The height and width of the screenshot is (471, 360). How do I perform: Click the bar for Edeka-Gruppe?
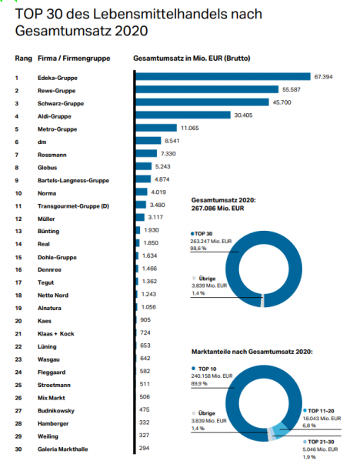223,77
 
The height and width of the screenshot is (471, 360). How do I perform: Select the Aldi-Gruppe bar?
183,115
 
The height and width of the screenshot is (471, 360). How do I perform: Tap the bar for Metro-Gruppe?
156,128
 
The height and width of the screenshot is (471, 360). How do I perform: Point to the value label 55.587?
292,89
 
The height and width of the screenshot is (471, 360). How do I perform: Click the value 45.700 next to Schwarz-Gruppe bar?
282,102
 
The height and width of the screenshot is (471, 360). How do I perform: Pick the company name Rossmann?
52,155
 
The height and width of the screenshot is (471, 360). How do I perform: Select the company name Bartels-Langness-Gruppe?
73,181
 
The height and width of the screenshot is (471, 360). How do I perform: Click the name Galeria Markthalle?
63,449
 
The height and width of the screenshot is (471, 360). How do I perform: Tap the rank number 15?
18,257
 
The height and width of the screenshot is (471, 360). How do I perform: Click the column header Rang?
23,58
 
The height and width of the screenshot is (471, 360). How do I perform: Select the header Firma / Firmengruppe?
74,58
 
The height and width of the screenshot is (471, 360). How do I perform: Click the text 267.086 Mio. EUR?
218,208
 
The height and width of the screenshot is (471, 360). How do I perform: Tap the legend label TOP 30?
203,234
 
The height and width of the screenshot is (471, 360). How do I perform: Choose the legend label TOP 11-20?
321,411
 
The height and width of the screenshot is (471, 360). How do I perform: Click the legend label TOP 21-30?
321,442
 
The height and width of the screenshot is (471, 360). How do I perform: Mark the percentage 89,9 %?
199,383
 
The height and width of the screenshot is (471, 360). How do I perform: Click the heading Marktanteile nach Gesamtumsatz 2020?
252,352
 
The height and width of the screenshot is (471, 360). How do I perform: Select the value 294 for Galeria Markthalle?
144,448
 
